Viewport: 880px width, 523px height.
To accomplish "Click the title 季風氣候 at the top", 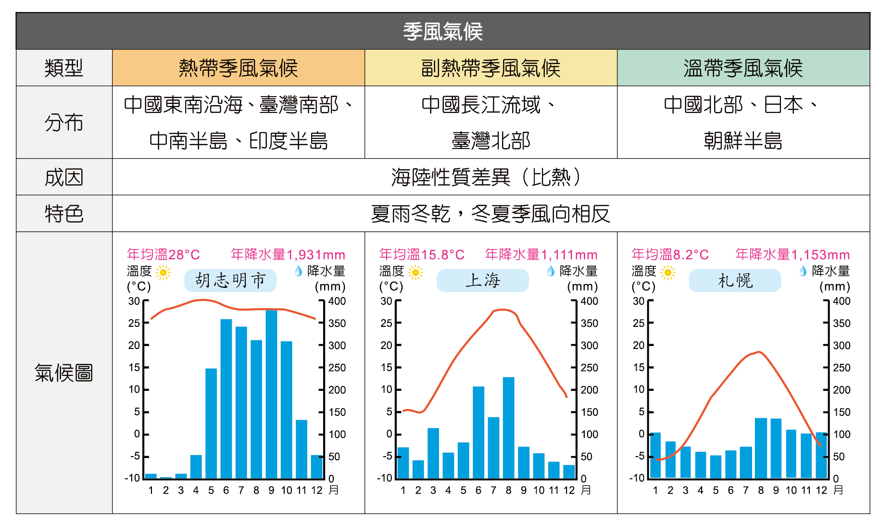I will [x=442, y=32].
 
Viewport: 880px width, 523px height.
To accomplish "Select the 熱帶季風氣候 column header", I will [x=238, y=68].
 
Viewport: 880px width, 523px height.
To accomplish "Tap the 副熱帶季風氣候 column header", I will [x=490, y=68].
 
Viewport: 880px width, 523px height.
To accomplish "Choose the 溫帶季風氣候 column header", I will [x=743, y=68].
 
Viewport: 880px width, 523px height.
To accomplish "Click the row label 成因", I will [x=64, y=177].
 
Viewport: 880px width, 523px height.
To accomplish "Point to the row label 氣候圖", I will [x=64, y=373].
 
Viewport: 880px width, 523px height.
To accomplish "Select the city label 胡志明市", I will [x=230, y=280].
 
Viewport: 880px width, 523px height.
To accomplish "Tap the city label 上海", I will [x=483, y=280].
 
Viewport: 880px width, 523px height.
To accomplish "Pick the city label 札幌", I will [x=735, y=280].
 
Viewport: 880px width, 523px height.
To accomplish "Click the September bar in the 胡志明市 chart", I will [x=271, y=394].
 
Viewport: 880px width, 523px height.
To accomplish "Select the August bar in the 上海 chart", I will [x=508, y=428].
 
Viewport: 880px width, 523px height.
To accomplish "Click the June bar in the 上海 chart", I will [x=478, y=433].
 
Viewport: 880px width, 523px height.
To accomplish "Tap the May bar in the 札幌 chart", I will [x=716, y=466].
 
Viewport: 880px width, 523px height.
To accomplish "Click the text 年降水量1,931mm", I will [x=288, y=254].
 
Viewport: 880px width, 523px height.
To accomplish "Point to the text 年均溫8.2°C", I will [x=670, y=254].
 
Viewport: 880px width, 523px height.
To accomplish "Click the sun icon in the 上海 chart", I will [x=415, y=273].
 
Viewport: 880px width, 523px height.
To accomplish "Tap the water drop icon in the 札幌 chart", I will [x=803, y=271].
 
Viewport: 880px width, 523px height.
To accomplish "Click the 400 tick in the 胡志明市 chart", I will [x=337, y=301].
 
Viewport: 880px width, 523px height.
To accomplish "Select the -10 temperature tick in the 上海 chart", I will [x=385, y=478].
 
